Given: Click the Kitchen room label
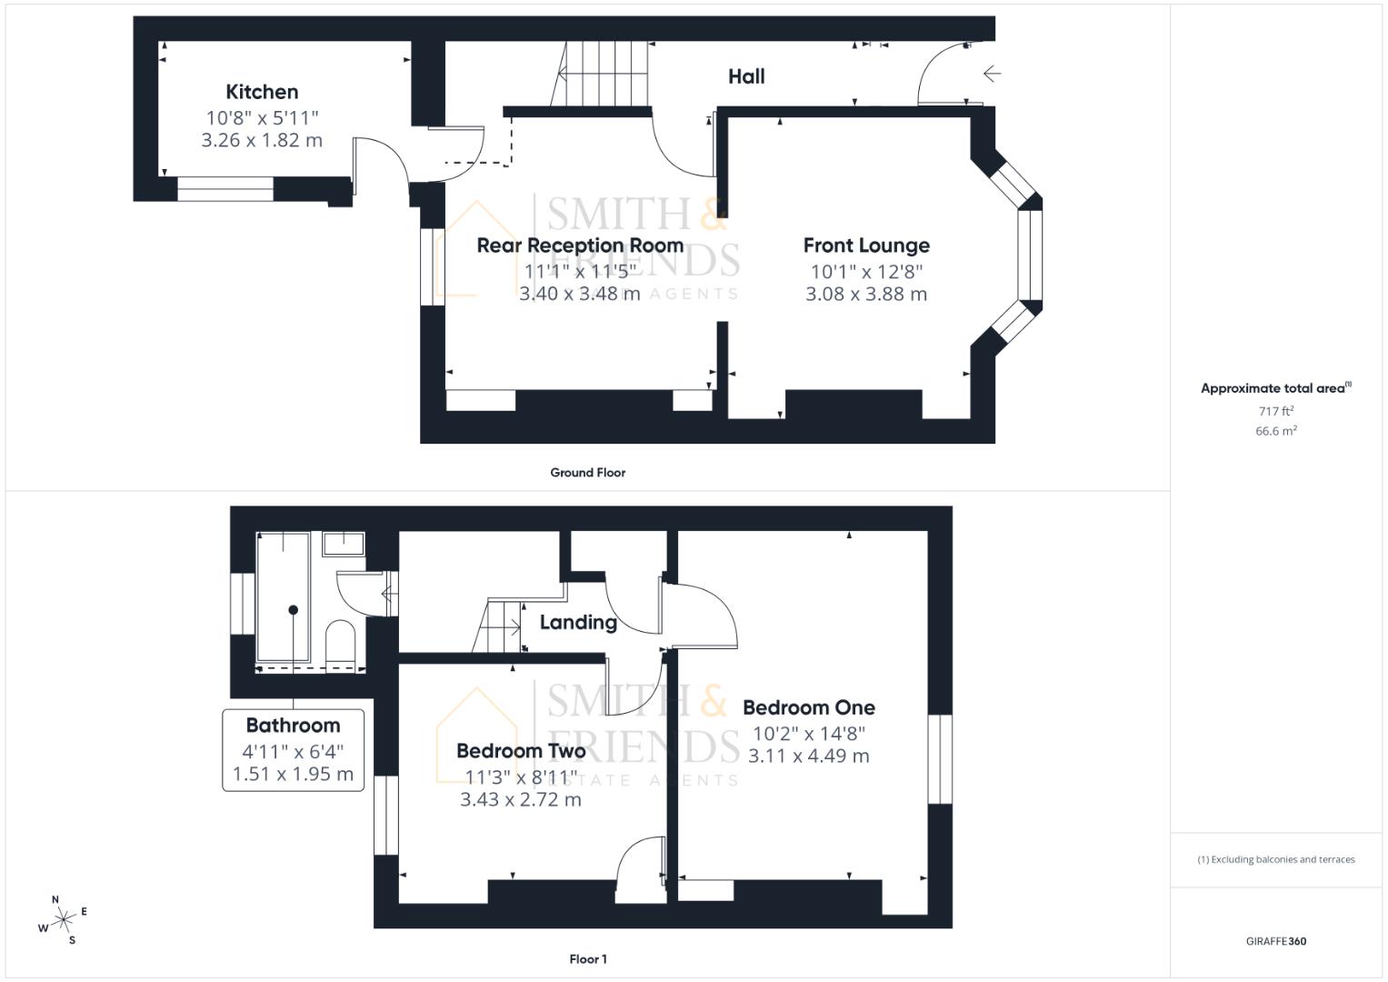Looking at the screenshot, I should (x=262, y=92).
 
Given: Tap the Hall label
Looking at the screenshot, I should (x=746, y=77).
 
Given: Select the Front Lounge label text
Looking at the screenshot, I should (x=866, y=245).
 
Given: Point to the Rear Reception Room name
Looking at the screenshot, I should (x=580, y=245).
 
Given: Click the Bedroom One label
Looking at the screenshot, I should (x=809, y=707).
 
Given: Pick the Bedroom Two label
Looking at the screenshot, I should (x=521, y=751).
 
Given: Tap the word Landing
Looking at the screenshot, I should (x=578, y=623).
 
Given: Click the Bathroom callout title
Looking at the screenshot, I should (x=293, y=726).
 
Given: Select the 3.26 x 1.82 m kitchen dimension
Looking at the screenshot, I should (x=262, y=141).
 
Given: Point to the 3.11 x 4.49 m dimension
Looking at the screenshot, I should (x=809, y=757).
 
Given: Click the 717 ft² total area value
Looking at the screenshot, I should (x=1276, y=411).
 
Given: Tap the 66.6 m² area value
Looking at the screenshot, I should (x=1276, y=431).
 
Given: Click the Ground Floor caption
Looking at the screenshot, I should (x=588, y=473).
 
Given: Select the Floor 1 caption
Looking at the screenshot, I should (x=588, y=959).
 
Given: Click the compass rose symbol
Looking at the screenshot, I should (x=63, y=921).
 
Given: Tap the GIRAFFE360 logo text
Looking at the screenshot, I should (x=1276, y=941).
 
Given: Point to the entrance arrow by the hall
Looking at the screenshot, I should (x=992, y=74).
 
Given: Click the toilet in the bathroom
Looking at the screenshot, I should (x=339, y=641).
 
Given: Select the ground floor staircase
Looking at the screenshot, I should (x=602, y=75).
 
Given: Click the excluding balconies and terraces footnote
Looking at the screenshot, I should (x=1276, y=859).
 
